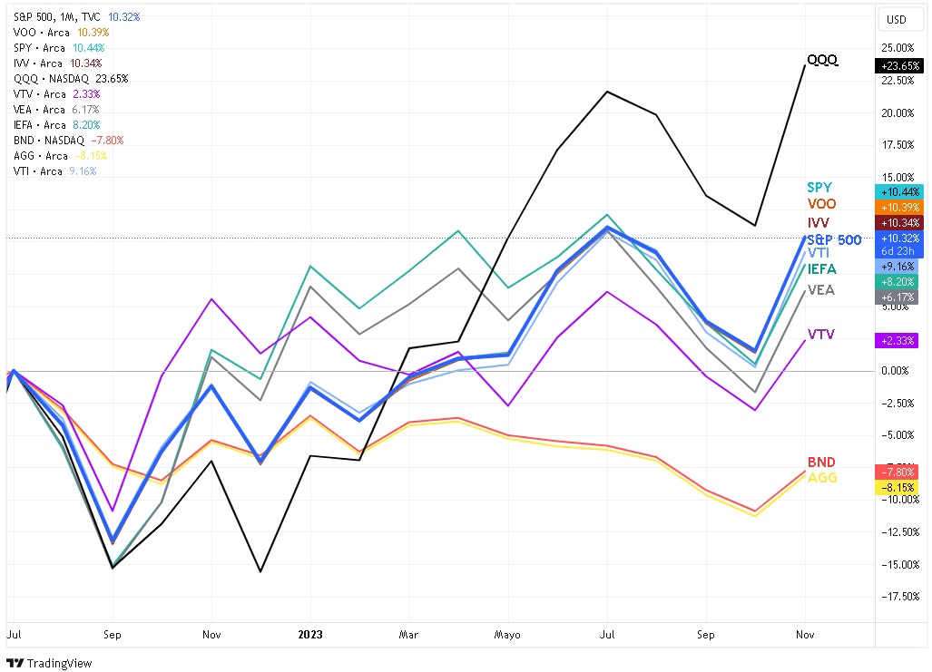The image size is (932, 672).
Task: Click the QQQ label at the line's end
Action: (x=822, y=61)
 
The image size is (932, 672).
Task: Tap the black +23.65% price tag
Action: (x=898, y=65)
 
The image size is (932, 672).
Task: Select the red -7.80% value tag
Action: (x=898, y=472)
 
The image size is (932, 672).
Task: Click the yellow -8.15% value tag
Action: (x=898, y=488)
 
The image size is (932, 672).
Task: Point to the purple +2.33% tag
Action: (x=898, y=340)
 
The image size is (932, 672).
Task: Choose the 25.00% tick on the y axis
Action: (x=898, y=48)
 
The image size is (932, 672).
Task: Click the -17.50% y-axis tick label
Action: (x=898, y=596)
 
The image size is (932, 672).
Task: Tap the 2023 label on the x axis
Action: (x=309, y=635)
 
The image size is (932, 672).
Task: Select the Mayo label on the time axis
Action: (x=507, y=635)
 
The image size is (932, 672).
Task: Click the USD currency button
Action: (x=896, y=19)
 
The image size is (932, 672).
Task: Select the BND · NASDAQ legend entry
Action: (x=50, y=141)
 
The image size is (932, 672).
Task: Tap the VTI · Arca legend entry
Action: (x=39, y=171)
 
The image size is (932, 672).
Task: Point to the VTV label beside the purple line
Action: (x=822, y=335)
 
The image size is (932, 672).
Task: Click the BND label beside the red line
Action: (x=822, y=463)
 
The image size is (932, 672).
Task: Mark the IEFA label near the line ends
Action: (x=822, y=269)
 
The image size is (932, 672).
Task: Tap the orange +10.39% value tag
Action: (x=898, y=208)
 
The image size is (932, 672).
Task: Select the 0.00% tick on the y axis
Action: (x=898, y=371)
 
